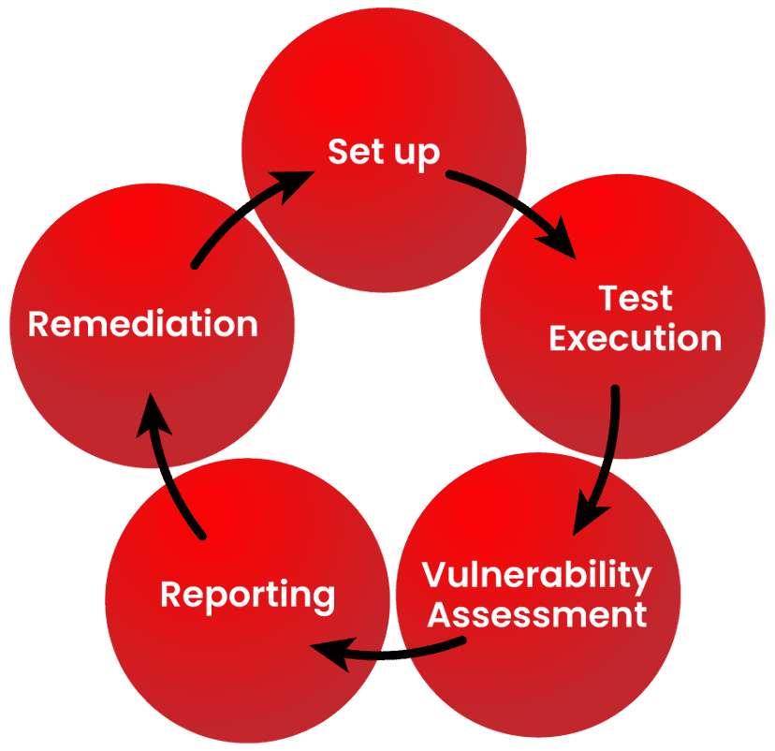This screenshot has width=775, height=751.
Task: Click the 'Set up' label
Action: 384,153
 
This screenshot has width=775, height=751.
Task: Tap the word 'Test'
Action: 636,299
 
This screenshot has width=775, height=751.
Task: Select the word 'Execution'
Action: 636,338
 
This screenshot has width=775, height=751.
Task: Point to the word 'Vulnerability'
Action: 536,576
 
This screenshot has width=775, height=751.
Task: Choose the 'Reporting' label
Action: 247,596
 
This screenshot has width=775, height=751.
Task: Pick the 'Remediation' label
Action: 143,324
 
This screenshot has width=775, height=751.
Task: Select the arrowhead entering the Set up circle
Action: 296,180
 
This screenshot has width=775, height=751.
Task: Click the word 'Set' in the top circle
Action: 351,151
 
